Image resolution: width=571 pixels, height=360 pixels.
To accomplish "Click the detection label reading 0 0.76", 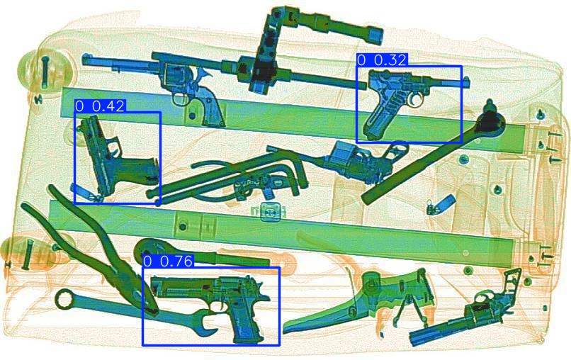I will (x=169, y=261).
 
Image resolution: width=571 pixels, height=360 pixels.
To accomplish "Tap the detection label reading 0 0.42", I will (x=100, y=106).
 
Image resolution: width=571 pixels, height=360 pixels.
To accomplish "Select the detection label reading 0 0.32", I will (x=382, y=60).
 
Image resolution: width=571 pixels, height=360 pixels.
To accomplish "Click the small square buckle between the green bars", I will (x=270, y=211).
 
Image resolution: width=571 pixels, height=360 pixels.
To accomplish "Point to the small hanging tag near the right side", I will (x=443, y=204).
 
